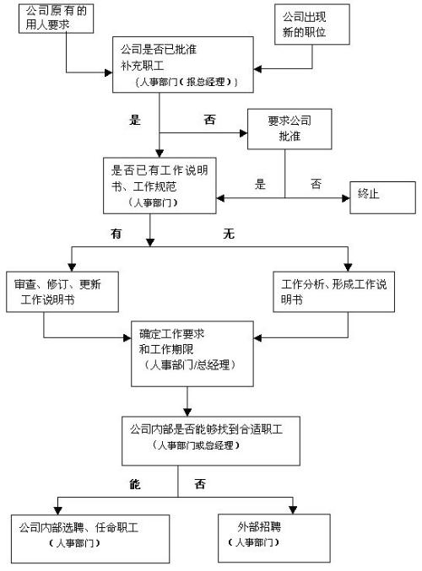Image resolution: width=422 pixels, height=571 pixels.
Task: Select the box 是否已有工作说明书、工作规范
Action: (157, 185)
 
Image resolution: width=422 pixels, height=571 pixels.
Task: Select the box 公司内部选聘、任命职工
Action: (79, 535)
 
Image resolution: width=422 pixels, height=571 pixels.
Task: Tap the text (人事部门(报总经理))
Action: (186, 81)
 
